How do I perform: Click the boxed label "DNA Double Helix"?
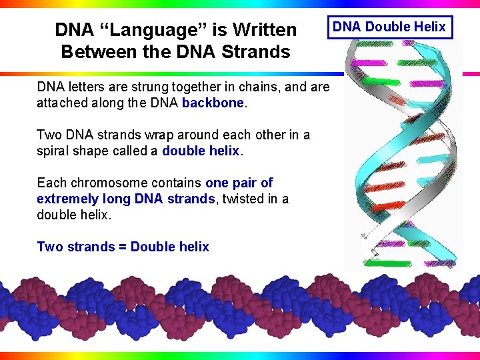point(389,27)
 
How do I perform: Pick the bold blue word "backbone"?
point(213,103)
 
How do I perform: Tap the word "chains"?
point(251,87)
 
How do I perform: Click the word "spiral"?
point(53,151)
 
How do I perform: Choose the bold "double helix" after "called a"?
point(200,151)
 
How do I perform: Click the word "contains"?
point(178,183)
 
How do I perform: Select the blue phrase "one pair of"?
point(239,183)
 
